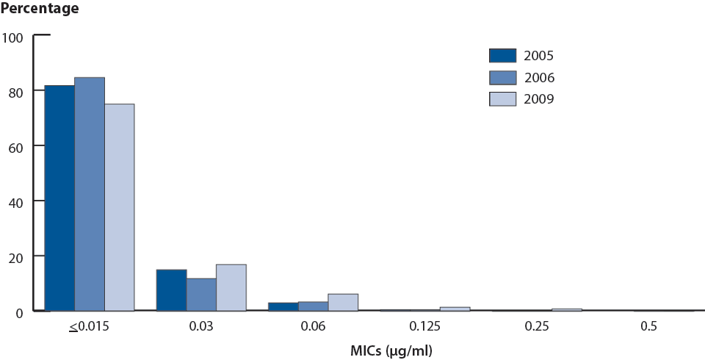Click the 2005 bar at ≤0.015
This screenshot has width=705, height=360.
point(59,198)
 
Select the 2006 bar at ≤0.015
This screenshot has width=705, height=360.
point(90,194)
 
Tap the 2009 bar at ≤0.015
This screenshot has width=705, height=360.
point(119,207)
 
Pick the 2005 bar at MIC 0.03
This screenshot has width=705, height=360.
point(171,290)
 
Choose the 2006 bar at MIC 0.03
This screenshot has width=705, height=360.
point(201,295)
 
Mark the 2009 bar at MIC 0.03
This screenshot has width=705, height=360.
point(231,287)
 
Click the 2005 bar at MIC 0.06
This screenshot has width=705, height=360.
point(283,306)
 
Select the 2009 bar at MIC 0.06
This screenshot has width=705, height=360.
point(343,302)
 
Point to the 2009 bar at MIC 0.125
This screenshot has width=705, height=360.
point(455,309)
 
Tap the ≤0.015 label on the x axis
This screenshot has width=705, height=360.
point(89,326)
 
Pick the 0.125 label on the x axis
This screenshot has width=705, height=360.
point(424,326)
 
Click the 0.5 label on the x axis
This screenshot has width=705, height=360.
point(648,326)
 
